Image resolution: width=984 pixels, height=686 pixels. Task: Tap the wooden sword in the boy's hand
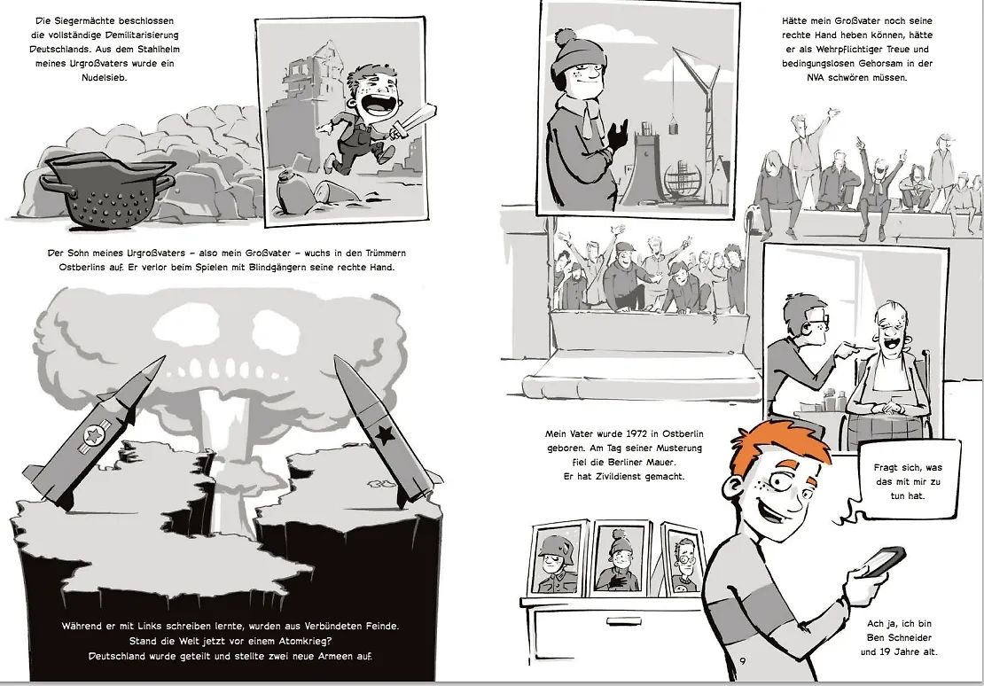tap(415, 122)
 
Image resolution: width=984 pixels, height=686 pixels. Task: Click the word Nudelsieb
tap(105, 78)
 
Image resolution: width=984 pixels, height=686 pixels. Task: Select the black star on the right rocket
tap(383, 433)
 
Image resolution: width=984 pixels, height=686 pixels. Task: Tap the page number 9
tap(743, 661)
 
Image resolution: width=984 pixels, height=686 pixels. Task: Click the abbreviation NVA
tap(816, 78)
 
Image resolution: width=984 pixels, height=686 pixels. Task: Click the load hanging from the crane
tap(676, 128)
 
